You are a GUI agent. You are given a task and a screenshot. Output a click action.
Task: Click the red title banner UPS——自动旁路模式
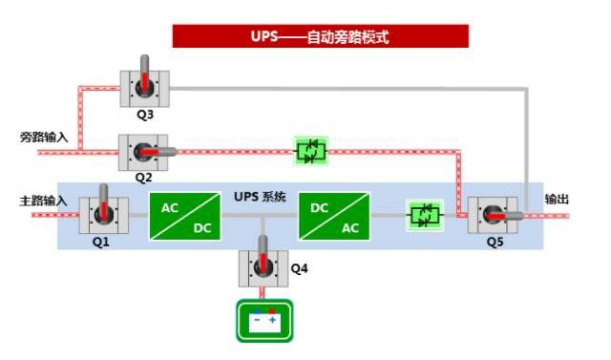[x=320, y=37]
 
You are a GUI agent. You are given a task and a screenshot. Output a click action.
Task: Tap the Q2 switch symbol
[x=143, y=152]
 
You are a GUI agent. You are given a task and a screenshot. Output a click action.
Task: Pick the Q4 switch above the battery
[x=263, y=267]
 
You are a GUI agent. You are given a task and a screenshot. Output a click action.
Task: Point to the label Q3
[x=145, y=115]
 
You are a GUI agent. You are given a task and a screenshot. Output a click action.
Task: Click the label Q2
[x=143, y=178]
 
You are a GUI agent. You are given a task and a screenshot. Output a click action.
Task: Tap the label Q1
[x=101, y=242]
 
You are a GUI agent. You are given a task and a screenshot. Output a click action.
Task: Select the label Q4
[x=299, y=268]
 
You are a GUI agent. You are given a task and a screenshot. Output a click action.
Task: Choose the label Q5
[x=492, y=242]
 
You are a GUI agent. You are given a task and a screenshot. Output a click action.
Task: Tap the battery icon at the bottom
[x=263, y=322]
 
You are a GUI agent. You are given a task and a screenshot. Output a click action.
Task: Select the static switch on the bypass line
[x=310, y=151]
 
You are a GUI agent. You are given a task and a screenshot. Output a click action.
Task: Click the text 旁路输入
[x=44, y=137]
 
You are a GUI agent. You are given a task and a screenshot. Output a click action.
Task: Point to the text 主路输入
[x=44, y=201]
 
